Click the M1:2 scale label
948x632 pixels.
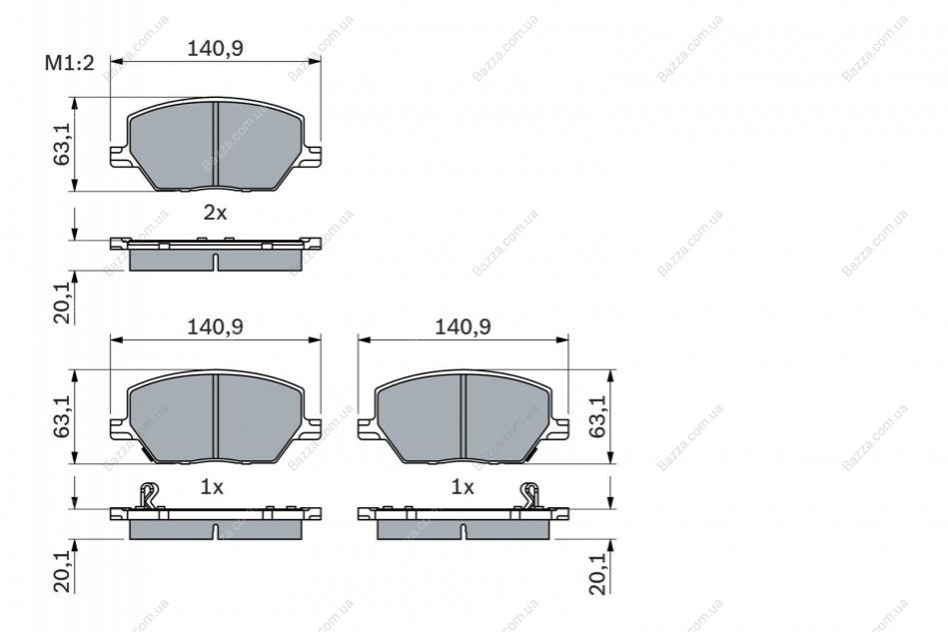(70, 62)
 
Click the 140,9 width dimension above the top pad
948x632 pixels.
(215, 48)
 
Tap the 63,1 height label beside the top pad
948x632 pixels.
(62, 145)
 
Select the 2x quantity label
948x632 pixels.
(215, 213)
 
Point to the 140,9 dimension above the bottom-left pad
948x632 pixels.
(215, 326)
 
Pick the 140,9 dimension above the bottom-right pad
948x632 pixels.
(464, 326)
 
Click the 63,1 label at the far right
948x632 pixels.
(597, 416)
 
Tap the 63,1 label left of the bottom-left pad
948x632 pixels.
(62, 416)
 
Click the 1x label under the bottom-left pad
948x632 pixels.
(212, 487)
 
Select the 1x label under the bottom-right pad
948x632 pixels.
(463, 487)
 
